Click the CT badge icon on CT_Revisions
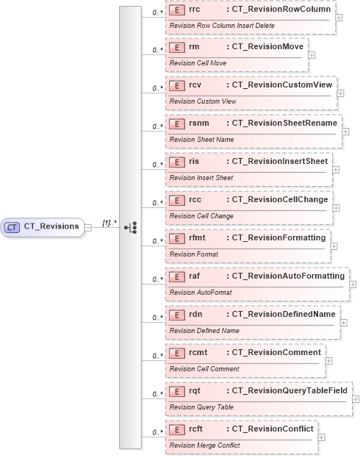[x=12, y=227]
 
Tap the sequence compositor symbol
[x=131, y=227]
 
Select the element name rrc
[x=195, y=9]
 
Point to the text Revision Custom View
[x=192, y=101]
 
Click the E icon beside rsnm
[x=176, y=124]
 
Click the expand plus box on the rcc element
[x=336, y=207]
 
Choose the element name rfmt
[x=197, y=238]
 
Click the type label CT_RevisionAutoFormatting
[x=288, y=276]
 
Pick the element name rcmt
[x=198, y=353]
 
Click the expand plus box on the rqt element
[x=356, y=398]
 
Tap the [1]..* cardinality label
[x=109, y=221]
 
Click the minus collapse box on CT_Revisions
[x=88, y=227]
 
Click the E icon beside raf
[x=176, y=276]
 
